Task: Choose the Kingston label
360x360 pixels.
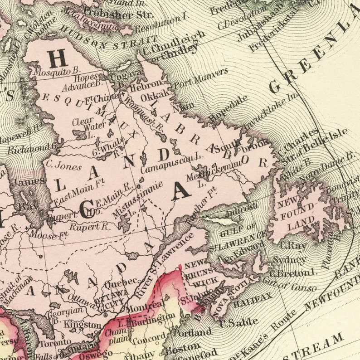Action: click(x=83, y=325)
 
